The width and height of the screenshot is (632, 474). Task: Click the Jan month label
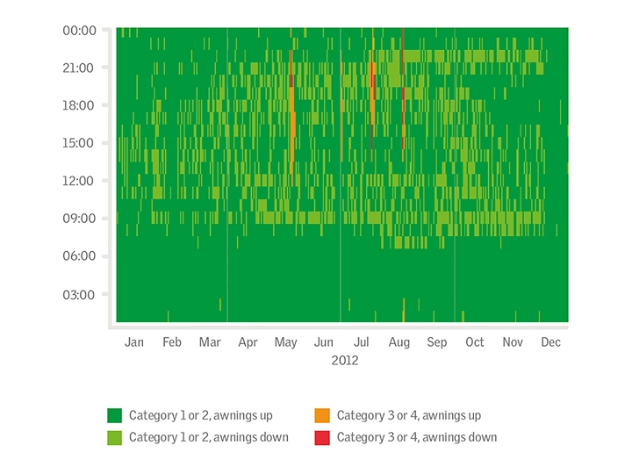pyautogui.click(x=134, y=342)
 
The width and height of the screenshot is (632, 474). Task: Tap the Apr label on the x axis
pyautogui.click(x=248, y=342)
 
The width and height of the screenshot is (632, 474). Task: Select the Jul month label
pyautogui.click(x=361, y=342)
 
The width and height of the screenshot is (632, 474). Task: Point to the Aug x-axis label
pyautogui.click(x=399, y=342)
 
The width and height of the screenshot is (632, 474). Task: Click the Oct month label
pyautogui.click(x=475, y=342)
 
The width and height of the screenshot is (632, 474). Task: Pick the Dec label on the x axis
pyautogui.click(x=550, y=342)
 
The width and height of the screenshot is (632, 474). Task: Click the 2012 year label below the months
pyautogui.click(x=345, y=360)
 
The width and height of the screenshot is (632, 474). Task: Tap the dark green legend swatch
pyautogui.click(x=114, y=415)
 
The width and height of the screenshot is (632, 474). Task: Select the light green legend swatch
pyautogui.click(x=114, y=437)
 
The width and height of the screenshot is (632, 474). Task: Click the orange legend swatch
pyautogui.click(x=321, y=415)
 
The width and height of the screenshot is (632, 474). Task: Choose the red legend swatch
pyautogui.click(x=321, y=437)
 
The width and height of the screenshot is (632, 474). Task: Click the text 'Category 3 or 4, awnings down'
pyautogui.click(x=417, y=437)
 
